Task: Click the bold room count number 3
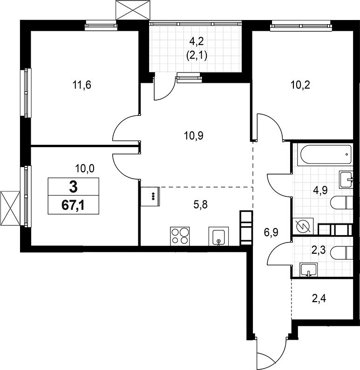pos(73,188)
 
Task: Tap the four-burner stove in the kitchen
pos(179,235)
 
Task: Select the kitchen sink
pos(218,236)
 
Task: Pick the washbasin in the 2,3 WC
pos(307,269)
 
